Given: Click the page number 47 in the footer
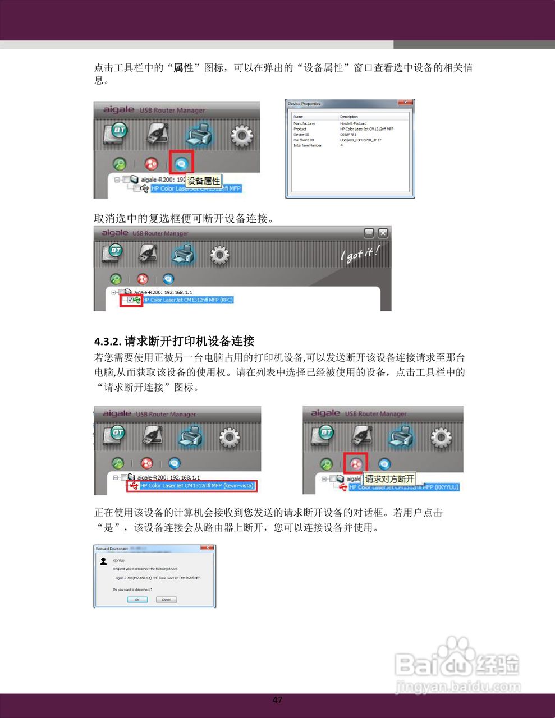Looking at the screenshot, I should click(277, 700).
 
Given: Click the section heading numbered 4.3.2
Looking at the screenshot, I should click(175, 341).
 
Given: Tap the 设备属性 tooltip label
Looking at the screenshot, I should click(204, 181).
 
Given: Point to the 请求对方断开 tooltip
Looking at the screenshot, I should click(390, 479).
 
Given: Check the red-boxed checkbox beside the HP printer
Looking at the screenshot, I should click(131, 300).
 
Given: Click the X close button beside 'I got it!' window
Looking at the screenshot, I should click(383, 233).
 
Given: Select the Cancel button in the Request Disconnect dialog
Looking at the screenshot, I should click(166, 600).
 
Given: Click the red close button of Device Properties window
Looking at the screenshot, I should click(405, 103).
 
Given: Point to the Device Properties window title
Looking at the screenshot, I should click(304, 104).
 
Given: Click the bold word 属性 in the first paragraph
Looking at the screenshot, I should click(184, 68).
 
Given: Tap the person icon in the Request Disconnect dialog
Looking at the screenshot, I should click(103, 561).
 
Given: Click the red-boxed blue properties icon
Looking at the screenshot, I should click(181, 164).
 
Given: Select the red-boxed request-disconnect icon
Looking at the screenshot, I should click(356, 464).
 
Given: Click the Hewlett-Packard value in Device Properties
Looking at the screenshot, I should click(353, 123).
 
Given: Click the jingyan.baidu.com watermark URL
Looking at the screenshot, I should click(458, 687).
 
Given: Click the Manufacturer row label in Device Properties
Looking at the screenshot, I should click(304, 123).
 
